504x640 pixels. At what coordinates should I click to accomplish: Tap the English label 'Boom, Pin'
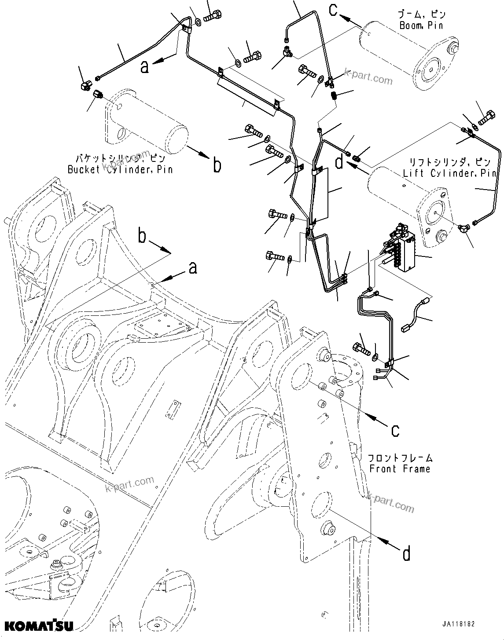point(421,26)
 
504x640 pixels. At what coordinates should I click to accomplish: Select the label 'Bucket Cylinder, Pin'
point(120,169)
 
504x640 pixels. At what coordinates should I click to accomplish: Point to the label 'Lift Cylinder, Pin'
point(450,173)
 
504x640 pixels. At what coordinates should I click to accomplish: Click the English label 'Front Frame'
point(400,468)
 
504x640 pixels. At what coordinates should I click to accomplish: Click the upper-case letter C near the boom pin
point(333,9)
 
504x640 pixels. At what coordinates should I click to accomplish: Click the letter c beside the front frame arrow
point(395,430)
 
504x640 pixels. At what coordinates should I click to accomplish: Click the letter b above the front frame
point(142,236)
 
